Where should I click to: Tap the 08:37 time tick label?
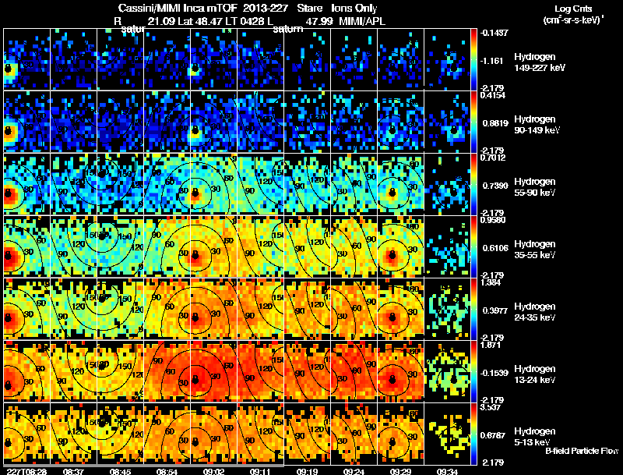click(75, 471)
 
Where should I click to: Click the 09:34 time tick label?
click(447, 471)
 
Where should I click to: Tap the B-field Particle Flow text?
click(582, 451)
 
